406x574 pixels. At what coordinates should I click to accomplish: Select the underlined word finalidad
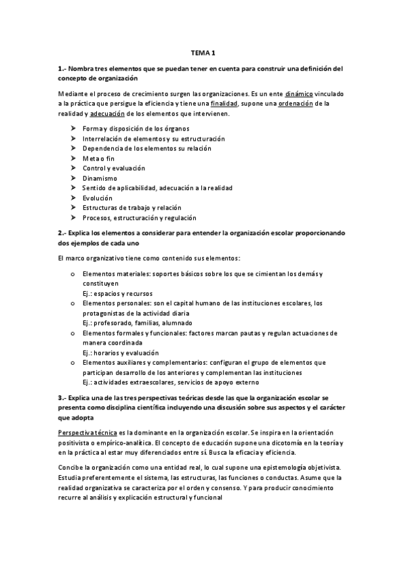click(x=224, y=104)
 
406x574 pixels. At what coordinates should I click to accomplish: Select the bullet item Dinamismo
click(x=100, y=178)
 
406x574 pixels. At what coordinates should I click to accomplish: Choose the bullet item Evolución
click(x=98, y=198)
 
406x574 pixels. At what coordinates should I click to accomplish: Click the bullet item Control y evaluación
click(x=109, y=168)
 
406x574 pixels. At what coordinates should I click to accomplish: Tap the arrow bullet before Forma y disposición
click(x=73, y=129)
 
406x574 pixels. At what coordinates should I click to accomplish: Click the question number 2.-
click(x=61, y=233)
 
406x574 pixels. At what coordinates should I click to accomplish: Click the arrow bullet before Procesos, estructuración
click(x=73, y=218)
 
